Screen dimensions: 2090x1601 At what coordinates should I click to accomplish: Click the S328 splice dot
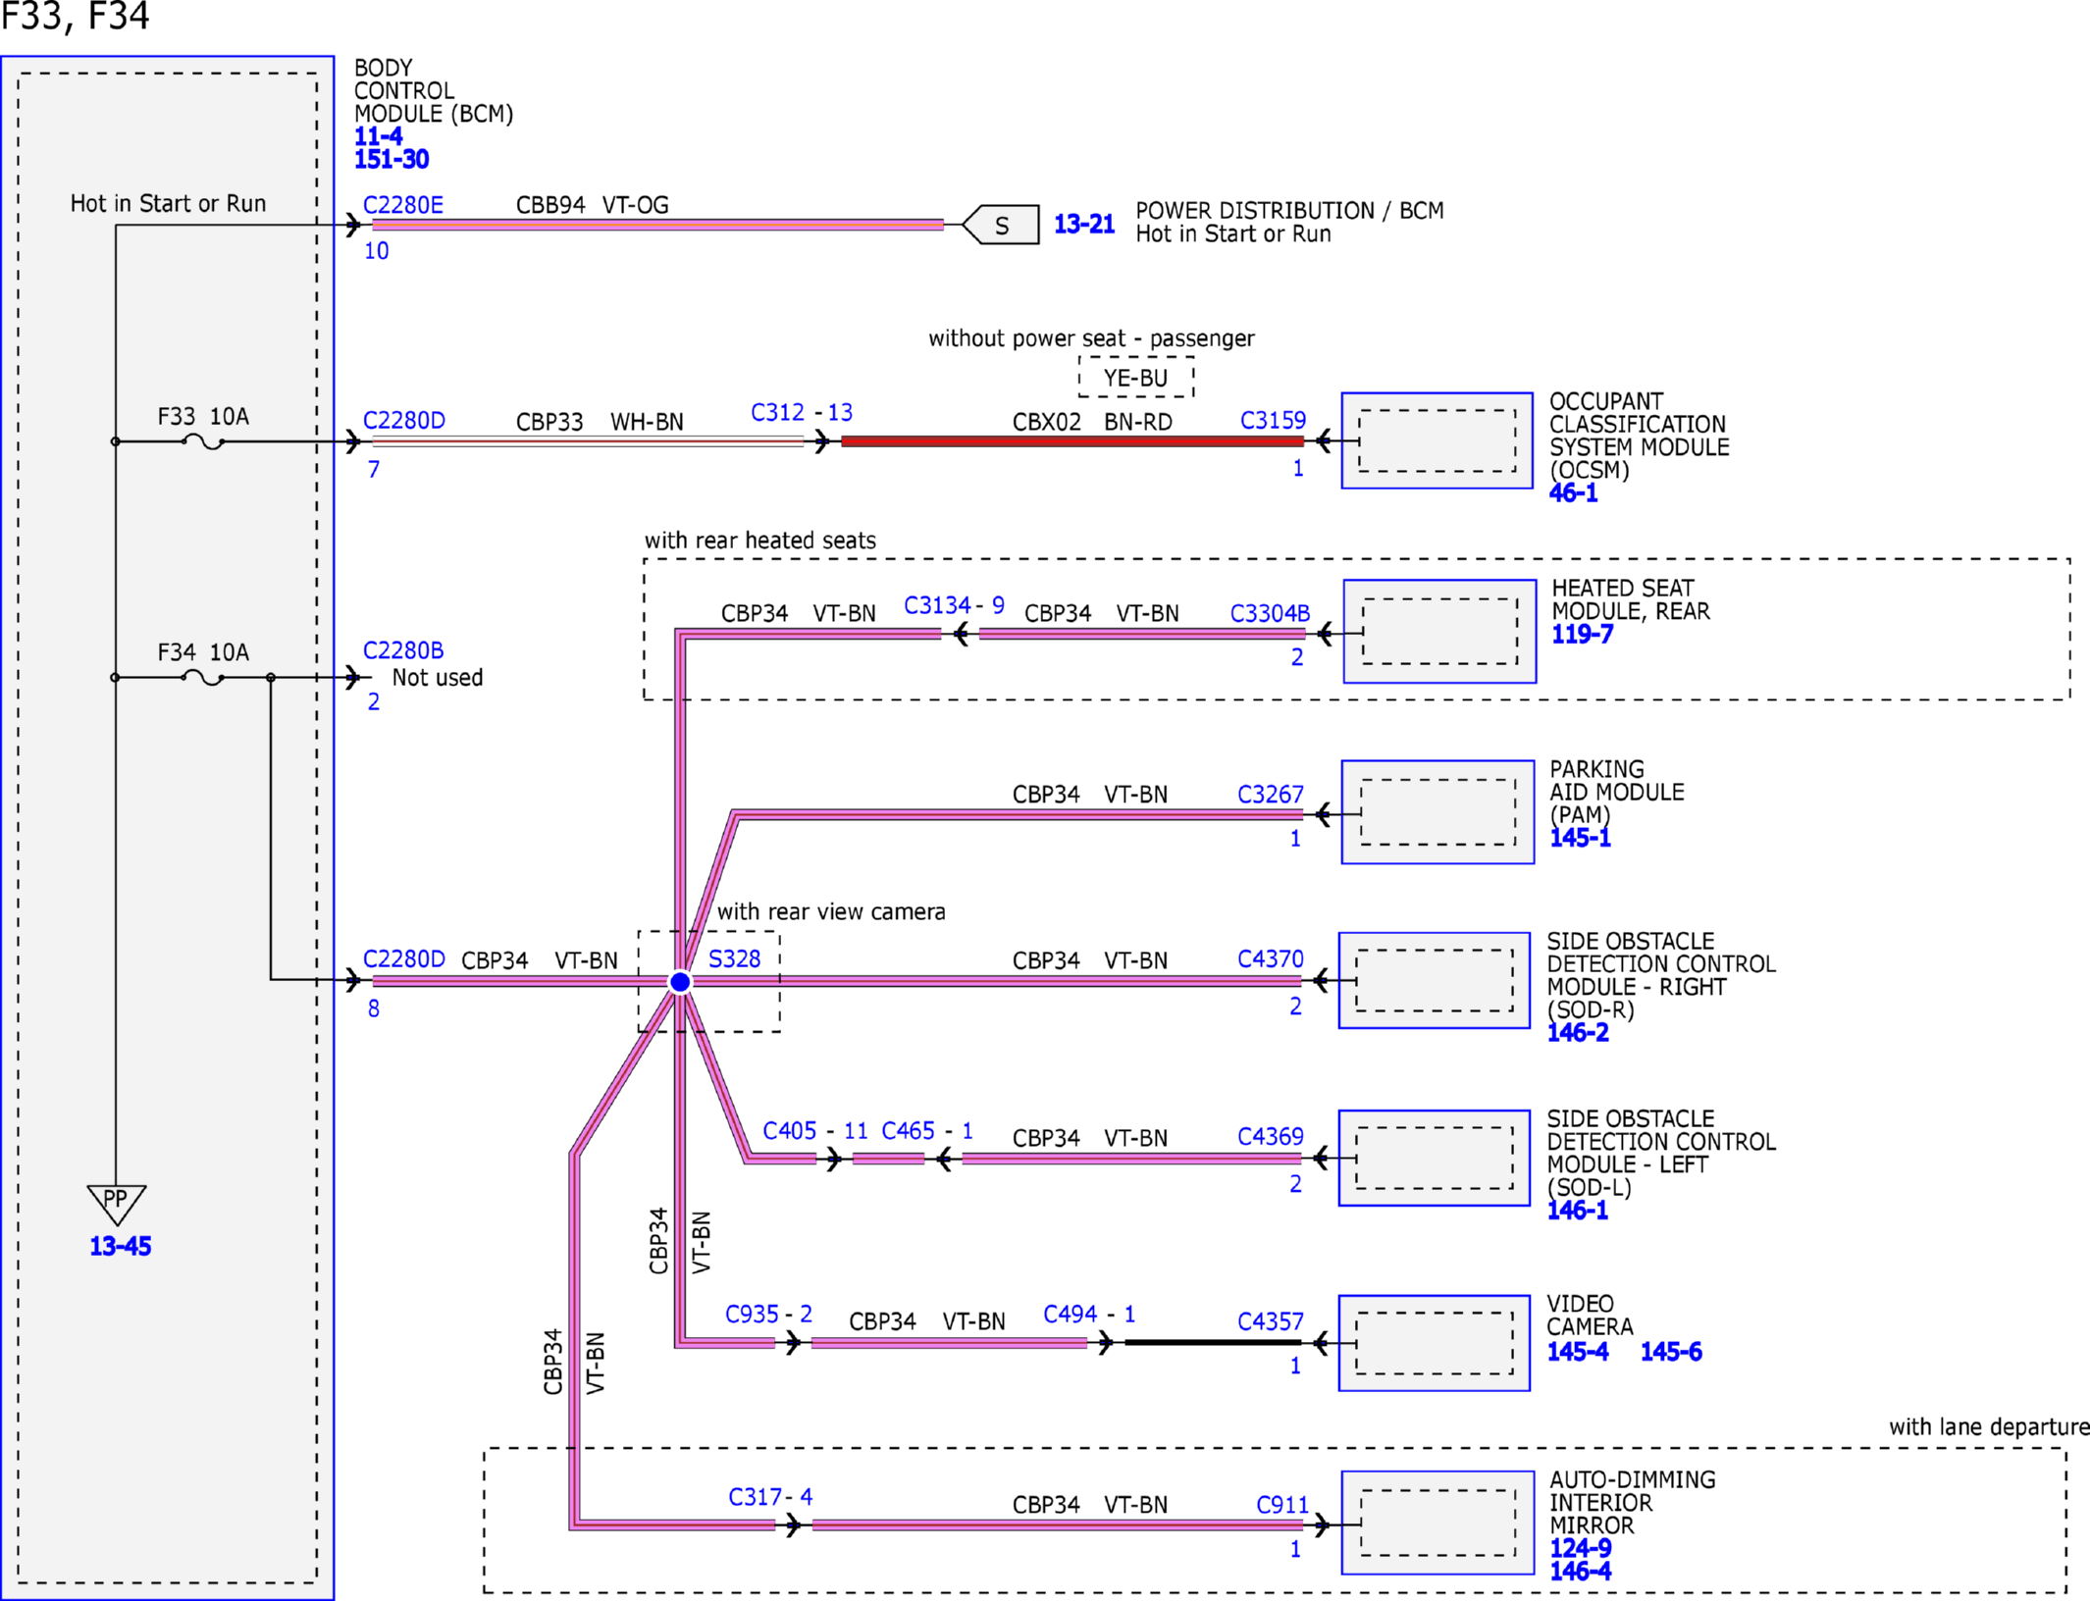click(x=680, y=981)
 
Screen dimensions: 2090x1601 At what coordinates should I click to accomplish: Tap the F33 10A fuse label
click(x=203, y=416)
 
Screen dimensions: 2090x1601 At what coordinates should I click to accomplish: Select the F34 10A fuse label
click(x=203, y=652)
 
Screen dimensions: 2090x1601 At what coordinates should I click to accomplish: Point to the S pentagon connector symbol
click(x=1001, y=225)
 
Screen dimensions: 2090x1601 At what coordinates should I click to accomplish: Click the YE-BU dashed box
click(x=1136, y=378)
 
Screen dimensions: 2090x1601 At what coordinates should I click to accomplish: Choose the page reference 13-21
click(x=1084, y=225)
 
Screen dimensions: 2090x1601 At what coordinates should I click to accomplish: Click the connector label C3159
click(x=1273, y=421)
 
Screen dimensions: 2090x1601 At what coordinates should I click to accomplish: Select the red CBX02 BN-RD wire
click(x=1072, y=441)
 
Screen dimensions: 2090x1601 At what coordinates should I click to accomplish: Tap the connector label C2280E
click(x=403, y=205)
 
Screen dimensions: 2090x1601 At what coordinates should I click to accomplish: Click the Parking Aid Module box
click(x=1437, y=812)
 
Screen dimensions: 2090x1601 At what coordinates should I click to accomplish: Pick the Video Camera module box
click(x=1435, y=1343)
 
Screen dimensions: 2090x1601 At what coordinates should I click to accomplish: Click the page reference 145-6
click(x=1671, y=1352)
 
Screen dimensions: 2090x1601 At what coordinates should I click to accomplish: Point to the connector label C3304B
click(x=1270, y=613)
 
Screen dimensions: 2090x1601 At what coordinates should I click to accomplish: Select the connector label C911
click(x=1282, y=1505)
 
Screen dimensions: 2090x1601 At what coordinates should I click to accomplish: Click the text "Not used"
click(x=438, y=678)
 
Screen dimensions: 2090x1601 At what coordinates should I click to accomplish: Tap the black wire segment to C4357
click(x=1214, y=1342)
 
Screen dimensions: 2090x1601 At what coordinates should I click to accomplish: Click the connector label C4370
click(x=1271, y=958)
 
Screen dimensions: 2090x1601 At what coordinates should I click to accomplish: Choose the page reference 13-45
click(x=121, y=1246)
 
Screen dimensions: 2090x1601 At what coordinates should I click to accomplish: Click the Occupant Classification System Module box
click(x=1437, y=440)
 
